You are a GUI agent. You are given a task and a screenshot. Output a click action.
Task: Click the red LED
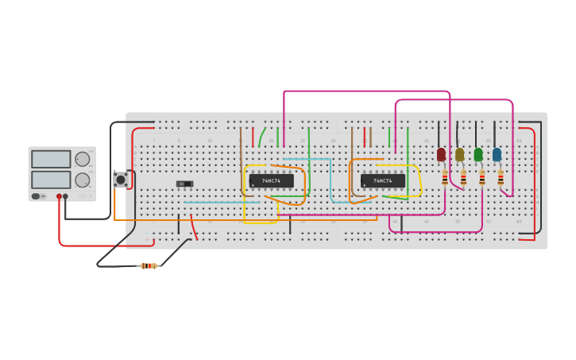tap(441, 154)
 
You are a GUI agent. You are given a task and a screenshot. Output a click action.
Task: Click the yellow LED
tap(459, 154)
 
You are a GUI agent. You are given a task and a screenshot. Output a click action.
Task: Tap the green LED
tap(478, 154)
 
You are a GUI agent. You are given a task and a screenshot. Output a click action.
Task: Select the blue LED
tap(497, 154)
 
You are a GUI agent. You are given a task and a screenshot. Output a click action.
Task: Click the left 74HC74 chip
tap(271, 181)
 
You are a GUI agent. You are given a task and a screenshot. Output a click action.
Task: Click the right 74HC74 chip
tap(382, 181)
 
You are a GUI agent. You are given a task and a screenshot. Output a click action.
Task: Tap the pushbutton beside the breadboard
tap(121, 180)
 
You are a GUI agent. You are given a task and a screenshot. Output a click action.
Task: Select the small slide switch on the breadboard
tap(184, 184)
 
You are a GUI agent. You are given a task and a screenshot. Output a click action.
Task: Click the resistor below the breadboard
tap(149, 265)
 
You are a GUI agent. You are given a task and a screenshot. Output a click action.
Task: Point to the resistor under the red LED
tap(445, 179)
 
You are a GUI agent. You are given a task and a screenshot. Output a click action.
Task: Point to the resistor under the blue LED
tap(501, 179)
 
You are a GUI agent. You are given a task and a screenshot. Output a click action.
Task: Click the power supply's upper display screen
tap(51, 159)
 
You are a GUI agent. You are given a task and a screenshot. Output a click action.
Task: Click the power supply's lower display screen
tap(51, 180)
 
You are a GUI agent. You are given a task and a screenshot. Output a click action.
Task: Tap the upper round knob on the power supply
tap(82, 159)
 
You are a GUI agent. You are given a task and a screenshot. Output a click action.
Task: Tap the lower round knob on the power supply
tap(82, 180)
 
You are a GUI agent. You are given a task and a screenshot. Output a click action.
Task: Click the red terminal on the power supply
tap(59, 196)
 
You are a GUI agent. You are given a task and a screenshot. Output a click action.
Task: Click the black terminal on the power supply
tap(65, 196)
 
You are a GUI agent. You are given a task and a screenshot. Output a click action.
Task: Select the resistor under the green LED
tap(482, 179)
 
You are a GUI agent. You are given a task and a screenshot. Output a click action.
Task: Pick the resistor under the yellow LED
tap(463, 179)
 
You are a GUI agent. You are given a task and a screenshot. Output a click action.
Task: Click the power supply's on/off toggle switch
tap(37, 196)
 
